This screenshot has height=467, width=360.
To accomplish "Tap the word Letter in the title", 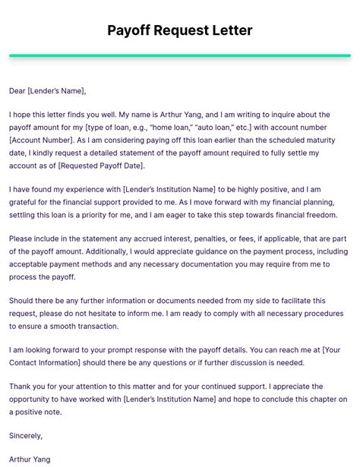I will pyautogui.click(x=229, y=30).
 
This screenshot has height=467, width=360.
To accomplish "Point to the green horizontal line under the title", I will pyautogui.click(x=180, y=55).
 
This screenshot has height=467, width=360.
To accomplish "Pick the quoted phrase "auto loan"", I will pyautogui.click(x=261, y=126).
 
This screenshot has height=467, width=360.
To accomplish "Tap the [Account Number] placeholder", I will pyautogui.click(x=43, y=140).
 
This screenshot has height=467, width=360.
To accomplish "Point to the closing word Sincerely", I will pyautogui.click(x=26, y=435).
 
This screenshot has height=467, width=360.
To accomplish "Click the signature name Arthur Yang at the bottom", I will pyautogui.click(x=30, y=459).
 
